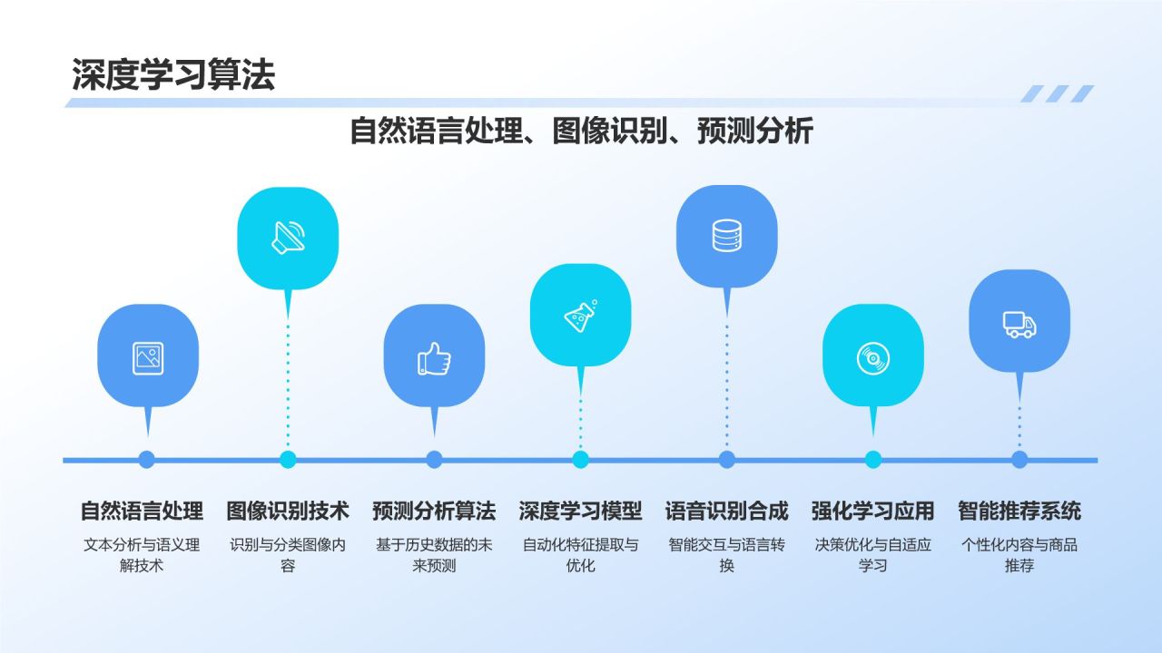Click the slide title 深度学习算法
173,75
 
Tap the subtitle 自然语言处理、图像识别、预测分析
582,131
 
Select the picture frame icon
148,358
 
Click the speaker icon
289,238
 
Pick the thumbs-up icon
434,358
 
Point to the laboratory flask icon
580,316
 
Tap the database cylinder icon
727,236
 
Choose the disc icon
873,358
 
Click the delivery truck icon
1019,325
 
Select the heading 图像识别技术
288,511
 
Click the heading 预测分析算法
434,511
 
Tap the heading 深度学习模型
580,511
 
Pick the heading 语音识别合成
727,511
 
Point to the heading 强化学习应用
873,511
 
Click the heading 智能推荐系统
1019,511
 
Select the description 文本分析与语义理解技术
142,555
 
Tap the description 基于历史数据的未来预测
434,555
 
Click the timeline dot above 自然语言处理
147,460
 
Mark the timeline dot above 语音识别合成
727,460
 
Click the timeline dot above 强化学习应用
873,460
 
